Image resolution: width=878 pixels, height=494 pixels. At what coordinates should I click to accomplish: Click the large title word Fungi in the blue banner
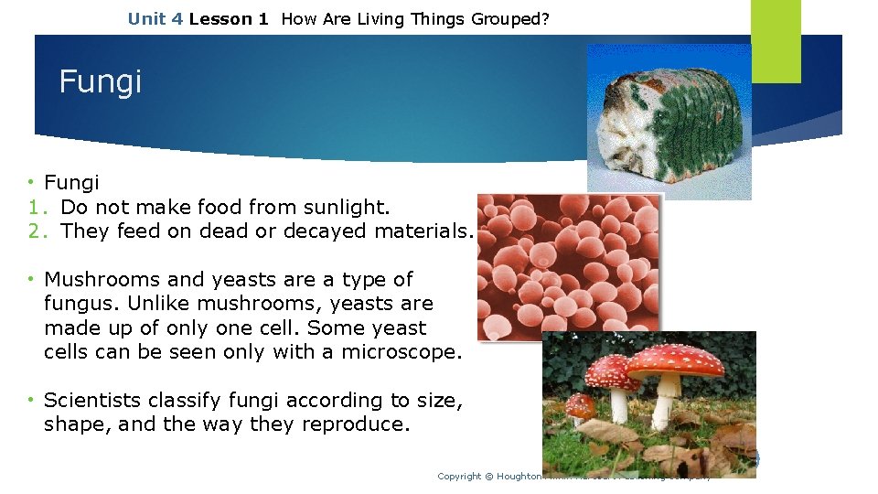(101, 82)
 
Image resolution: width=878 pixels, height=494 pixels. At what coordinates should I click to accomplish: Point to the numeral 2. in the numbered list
(37, 231)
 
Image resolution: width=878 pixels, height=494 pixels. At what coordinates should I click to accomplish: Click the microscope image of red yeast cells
(567, 265)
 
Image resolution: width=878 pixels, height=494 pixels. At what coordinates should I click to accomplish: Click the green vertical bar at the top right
(776, 41)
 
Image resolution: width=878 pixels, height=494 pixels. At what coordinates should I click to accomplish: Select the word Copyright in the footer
(459, 477)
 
